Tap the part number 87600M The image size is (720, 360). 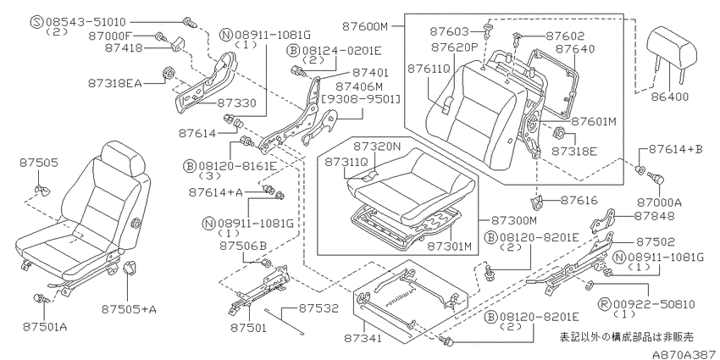(x=365, y=26)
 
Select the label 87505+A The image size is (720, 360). (x=129, y=309)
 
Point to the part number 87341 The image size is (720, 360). (x=363, y=339)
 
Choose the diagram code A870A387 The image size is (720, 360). (x=685, y=354)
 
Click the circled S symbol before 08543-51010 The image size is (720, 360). (x=36, y=21)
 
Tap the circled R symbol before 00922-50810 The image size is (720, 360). (x=605, y=304)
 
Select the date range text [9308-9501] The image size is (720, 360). (x=361, y=99)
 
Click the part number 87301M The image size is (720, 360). (x=450, y=246)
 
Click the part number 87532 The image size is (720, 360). (x=318, y=308)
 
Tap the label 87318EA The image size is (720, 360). (x=115, y=83)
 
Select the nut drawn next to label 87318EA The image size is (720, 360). (x=168, y=74)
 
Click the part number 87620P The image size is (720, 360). (x=454, y=47)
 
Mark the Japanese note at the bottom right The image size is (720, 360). (x=626, y=336)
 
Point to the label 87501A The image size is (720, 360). (x=45, y=327)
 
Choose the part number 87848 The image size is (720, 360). (x=654, y=216)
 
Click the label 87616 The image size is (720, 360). (x=578, y=201)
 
